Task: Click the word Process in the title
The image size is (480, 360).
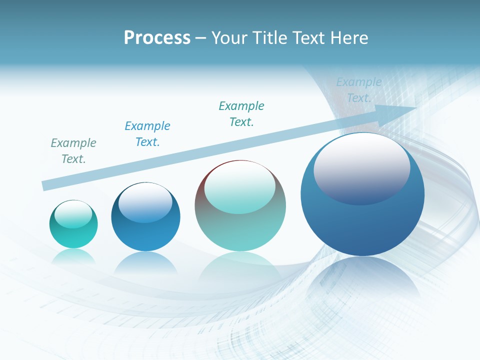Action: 157,38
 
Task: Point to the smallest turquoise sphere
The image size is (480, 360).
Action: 73,224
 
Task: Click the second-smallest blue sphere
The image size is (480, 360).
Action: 145,216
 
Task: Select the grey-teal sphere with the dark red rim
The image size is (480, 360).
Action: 240,205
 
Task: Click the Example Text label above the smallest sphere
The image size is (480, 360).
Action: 73,151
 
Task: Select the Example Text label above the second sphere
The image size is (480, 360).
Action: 147,134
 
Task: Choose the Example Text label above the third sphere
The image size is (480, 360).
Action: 241,114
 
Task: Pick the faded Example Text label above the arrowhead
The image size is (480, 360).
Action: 359,90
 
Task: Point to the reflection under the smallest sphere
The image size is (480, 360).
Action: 73,256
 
